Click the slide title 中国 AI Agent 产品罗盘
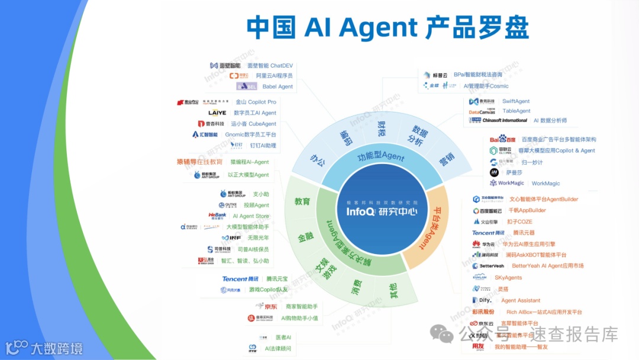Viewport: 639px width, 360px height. coord(387,28)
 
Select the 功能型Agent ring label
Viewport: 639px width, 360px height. coord(381,157)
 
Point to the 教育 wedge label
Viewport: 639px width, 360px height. coord(302,201)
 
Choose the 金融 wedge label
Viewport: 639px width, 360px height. coord(306,237)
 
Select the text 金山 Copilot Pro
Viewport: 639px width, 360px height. coord(256,102)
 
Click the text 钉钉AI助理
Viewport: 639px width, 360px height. coord(263,145)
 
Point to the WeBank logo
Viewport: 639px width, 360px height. coord(217,216)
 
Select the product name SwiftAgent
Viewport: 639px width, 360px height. coord(516,101)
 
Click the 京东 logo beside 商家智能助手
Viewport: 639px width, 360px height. coord(267,306)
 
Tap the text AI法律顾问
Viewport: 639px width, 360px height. coord(278,349)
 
